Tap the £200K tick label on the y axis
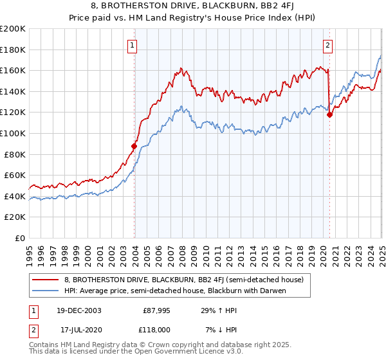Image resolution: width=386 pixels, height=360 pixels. [x=13, y=29]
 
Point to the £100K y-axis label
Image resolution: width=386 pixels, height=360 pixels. [x=13, y=133]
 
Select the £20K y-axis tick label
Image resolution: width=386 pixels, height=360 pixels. [x=15, y=217]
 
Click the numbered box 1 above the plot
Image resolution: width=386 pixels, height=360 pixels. [x=132, y=45]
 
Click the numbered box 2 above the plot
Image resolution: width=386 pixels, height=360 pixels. [x=327, y=45]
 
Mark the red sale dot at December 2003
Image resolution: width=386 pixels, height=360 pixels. [x=135, y=146]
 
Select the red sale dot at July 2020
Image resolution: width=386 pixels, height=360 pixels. [x=329, y=115]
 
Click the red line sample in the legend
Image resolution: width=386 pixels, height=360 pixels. [x=46, y=280]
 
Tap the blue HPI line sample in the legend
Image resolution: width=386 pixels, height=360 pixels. [x=46, y=291]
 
